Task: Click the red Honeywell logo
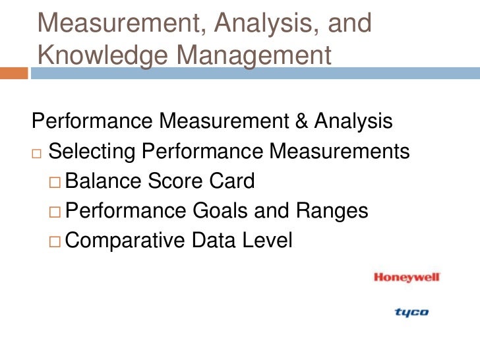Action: click(x=406, y=278)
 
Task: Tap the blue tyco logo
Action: click(x=411, y=312)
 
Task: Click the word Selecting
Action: click(x=92, y=152)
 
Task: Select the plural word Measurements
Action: click(x=340, y=152)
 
